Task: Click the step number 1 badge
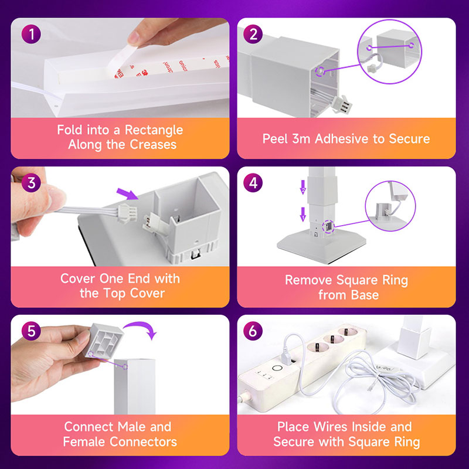click(32, 35)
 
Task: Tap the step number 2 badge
click(253, 35)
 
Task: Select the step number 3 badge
click(32, 183)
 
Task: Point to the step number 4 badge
click(253, 183)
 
